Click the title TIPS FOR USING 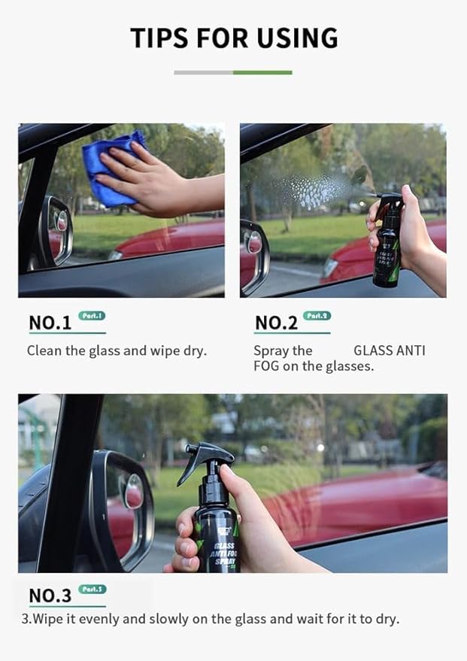click(233, 38)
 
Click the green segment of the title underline click(262, 73)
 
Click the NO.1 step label click(50, 323)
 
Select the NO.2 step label click(277, 323)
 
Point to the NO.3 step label click(50, 596)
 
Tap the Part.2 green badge click(317, 316)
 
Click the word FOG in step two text click(266, 366)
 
